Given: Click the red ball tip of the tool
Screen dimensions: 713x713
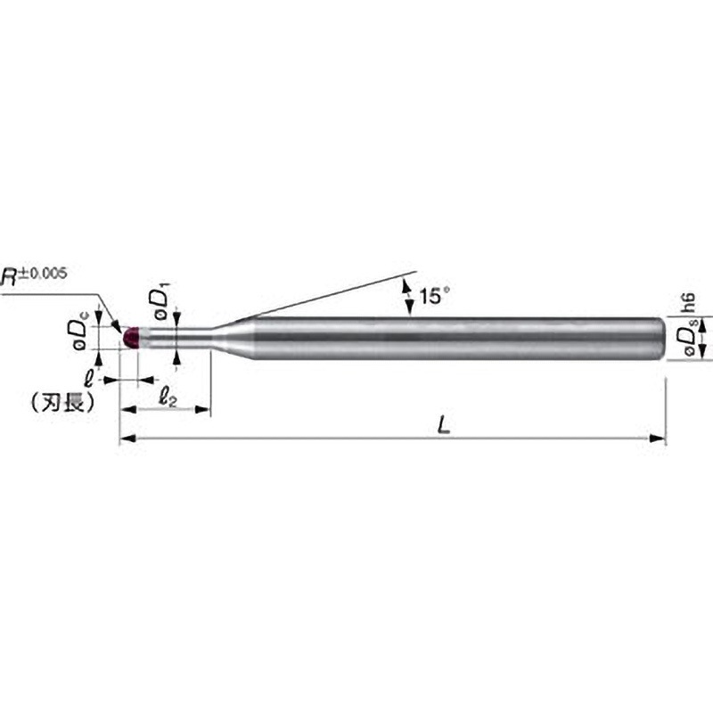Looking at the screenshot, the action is tap(130, 338).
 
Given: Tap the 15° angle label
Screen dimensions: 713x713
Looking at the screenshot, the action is tap(433, 296).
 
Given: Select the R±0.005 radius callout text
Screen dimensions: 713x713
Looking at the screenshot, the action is tap(33, 275).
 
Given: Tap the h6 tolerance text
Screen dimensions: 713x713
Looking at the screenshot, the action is tap(688, 303).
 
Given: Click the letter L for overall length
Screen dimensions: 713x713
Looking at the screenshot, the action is tap(443, 426).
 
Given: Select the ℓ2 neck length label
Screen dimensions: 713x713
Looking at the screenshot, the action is tap(168, 398).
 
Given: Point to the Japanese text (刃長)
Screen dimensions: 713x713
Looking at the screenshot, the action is tap(63, 402).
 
